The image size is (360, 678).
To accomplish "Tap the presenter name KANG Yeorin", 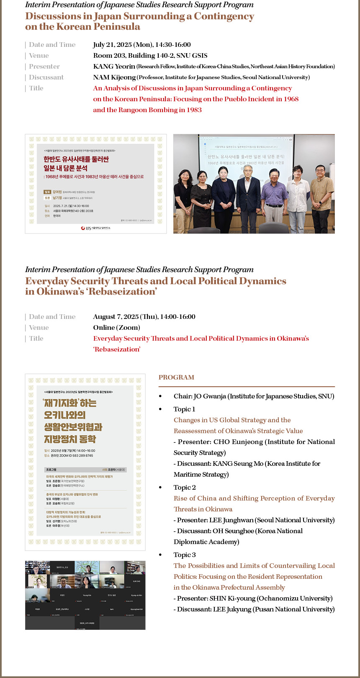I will click(114, 67).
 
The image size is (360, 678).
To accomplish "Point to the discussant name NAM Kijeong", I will click(114, 77).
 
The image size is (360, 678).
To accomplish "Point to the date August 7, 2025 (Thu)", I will click(125, 317).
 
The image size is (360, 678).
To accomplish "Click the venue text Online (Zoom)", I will click(116, 328).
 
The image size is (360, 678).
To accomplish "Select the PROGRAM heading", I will click(176, 378).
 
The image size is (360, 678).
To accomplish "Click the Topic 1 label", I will click(184, 409).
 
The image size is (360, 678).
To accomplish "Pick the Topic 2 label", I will click(185, 488).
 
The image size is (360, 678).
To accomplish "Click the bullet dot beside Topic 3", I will click(160, 555).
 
